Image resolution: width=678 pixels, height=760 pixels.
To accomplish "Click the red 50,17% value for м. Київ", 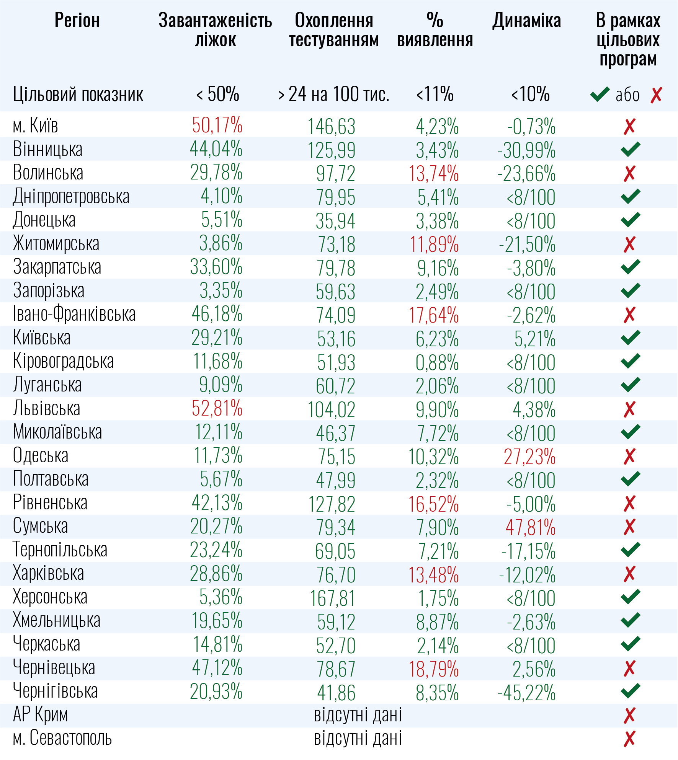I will (217, 126).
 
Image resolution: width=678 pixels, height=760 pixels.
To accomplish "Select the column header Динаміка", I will (527, 21).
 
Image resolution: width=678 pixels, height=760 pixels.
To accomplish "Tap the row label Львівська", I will (47, 408).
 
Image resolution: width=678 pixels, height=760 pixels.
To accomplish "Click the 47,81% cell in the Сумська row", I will (530, 527).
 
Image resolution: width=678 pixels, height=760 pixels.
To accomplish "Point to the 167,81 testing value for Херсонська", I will (332, 599).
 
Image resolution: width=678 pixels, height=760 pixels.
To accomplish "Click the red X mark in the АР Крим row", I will (629, 715).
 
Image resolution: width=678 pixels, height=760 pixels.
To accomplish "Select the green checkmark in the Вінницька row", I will (630, 149).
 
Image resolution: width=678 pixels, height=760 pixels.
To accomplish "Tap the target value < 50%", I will (217, 94).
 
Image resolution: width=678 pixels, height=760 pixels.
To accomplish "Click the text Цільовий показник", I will (78, 95).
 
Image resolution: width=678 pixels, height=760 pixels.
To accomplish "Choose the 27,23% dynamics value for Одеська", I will (529, 457).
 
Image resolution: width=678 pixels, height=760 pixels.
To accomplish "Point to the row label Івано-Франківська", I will (74, 314).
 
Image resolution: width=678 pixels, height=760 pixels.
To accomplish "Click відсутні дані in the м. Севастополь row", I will (358, 738).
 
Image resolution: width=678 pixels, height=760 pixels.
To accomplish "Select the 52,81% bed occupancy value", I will (217, 408).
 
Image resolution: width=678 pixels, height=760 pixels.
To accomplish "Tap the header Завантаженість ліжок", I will (215, 30).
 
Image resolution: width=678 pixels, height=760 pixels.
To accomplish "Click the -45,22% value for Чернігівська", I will (526, 693).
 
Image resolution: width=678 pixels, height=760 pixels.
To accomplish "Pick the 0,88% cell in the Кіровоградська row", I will (437, 362).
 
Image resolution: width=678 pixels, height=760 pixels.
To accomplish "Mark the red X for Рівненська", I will (629, 504).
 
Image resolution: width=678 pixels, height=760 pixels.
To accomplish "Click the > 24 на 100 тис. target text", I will (333, 94).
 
